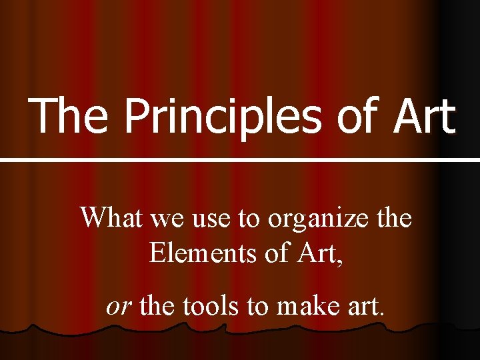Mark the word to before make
tap(257, 305)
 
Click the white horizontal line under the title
tap(240, 160)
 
